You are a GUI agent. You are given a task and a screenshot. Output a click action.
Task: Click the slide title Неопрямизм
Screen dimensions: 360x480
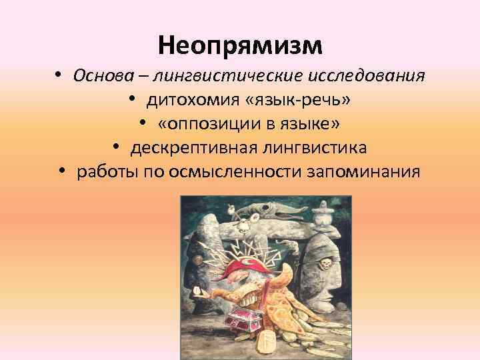click(240, 45)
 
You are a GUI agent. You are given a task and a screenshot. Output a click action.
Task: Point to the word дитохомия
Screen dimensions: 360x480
click(191, 99)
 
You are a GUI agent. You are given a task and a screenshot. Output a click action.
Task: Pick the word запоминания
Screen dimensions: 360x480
click(363, 172)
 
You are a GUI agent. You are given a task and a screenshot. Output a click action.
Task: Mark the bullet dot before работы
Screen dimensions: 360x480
click(62, 172)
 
